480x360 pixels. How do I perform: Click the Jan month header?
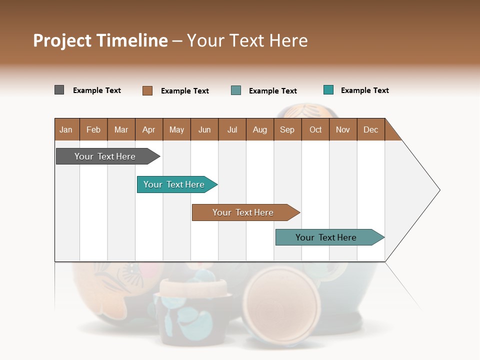pyautogui.click(x=66, y=129)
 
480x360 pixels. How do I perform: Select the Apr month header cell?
pyautogui.click(x=149, y=129)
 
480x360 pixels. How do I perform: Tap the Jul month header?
pyautogui.click(x=232, y=129)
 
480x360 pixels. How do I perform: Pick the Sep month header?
pyautogui.click(x=287, y=129)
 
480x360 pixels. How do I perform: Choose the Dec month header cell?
pyautogui.click(x=370, y=129)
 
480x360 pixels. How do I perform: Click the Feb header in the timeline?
pyautogui.click(x=93, y=129)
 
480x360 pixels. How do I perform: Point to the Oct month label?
pyautogui.click(x=315, y=129)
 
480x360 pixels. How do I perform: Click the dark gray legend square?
pyautogui.click(x=59, y=90)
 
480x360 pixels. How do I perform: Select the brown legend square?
pyautogui.click(x=147, y=90)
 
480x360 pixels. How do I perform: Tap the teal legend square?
pyautogui.click(x=328, y=90)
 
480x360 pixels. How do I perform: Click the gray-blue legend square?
pyautogui.click(x=236, y=90)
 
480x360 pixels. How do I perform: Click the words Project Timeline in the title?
pyautogui.click(x=100, y=40)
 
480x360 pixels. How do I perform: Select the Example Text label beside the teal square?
pyautogui.click(x=364, y=90)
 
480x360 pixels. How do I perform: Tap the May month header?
pyautogui.click(x=176, y=129)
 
